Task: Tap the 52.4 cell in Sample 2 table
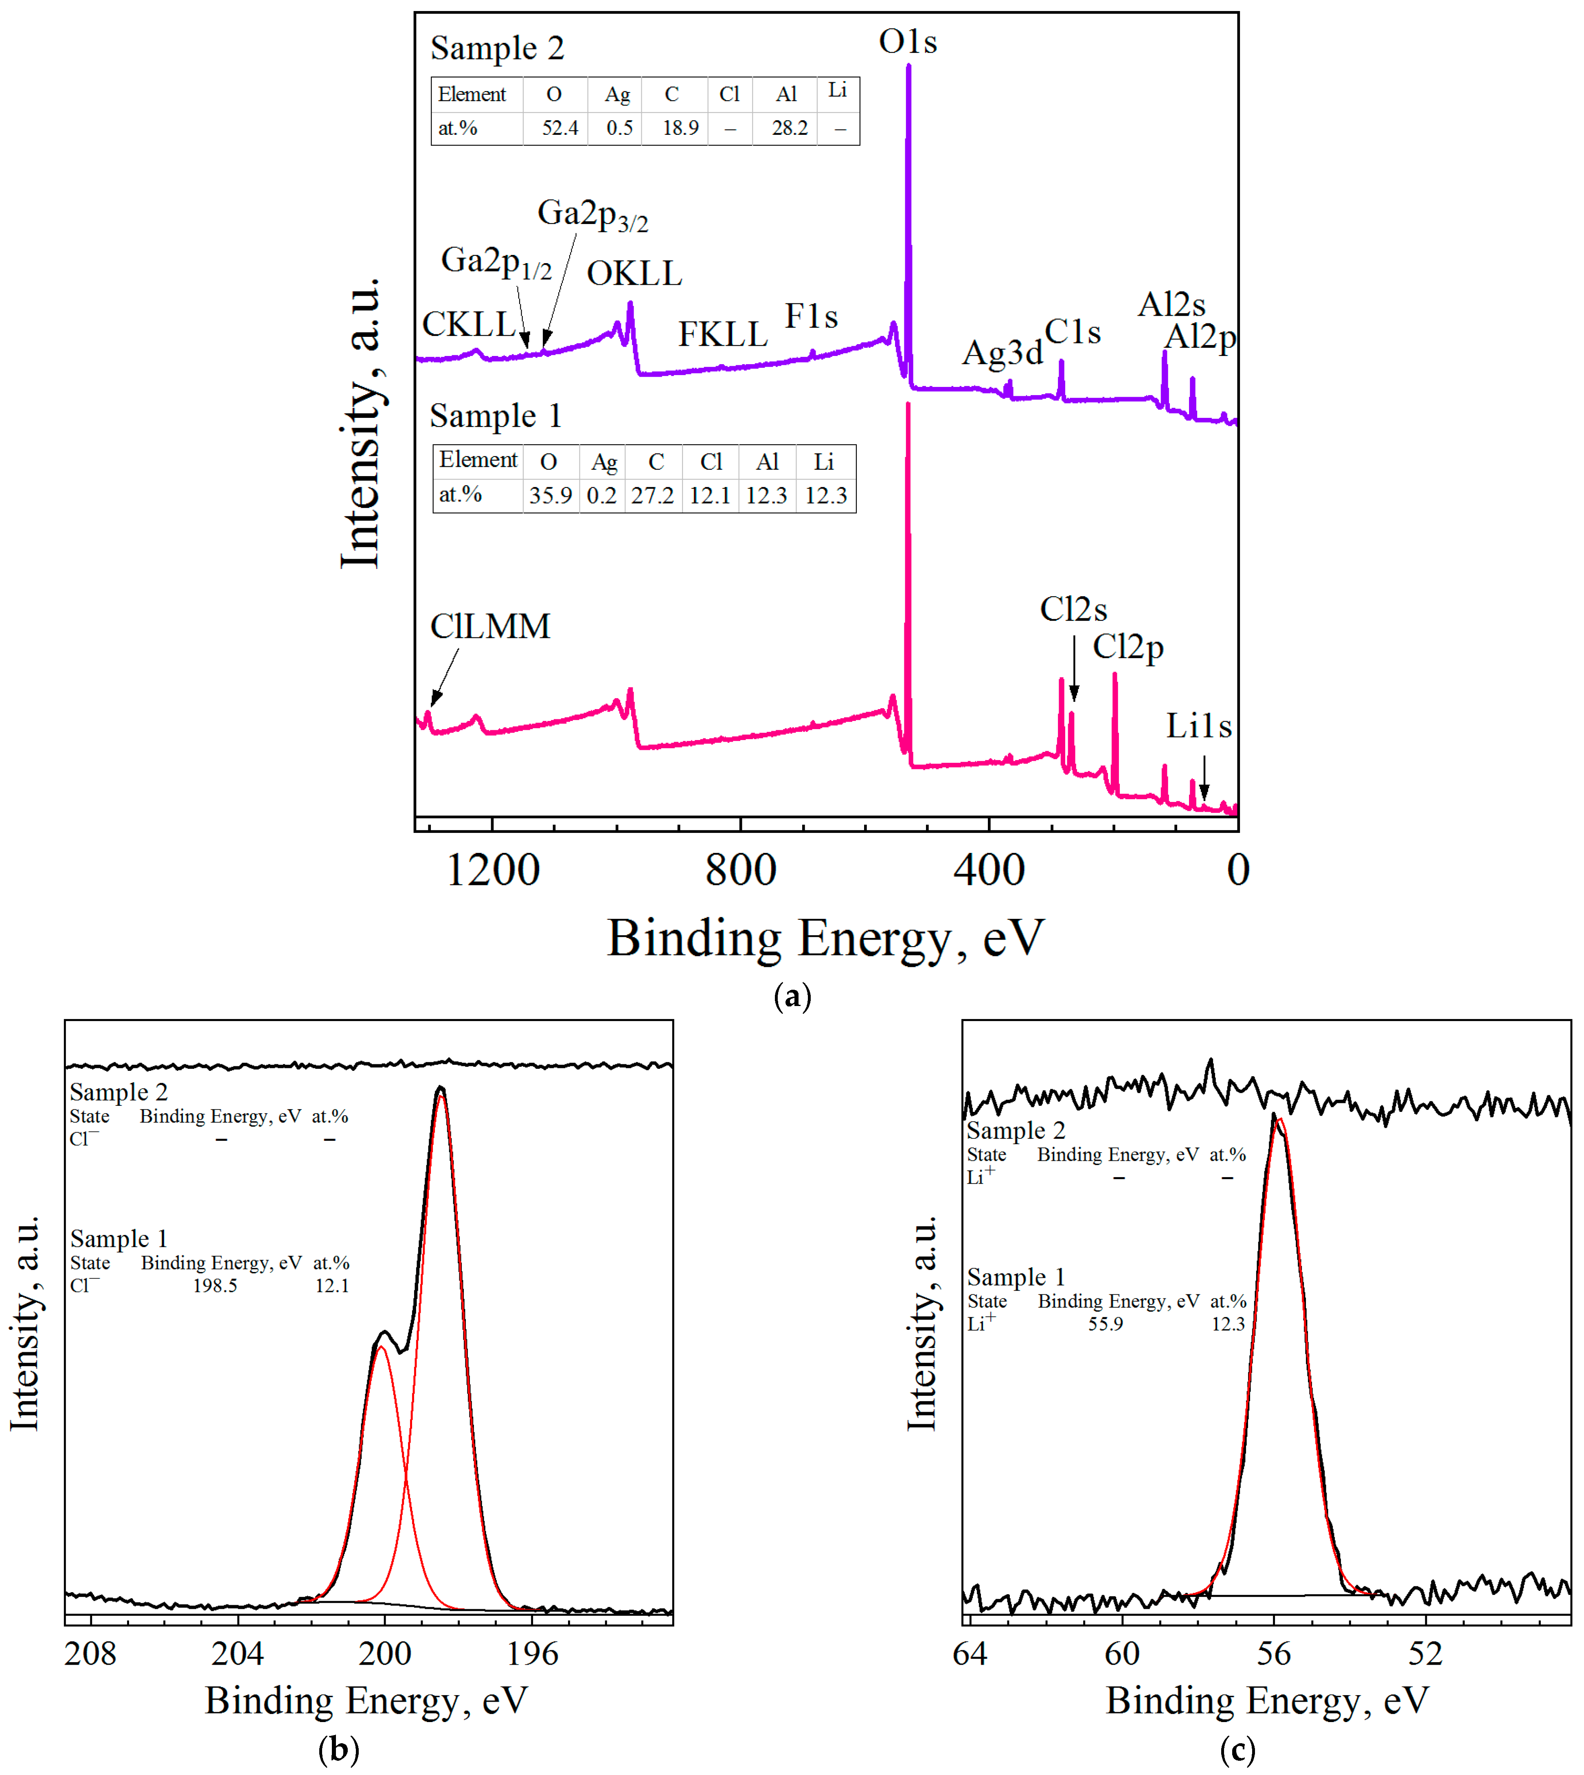click(559, 128)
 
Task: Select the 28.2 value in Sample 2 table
click(790, 128)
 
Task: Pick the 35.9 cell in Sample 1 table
click(550, 495)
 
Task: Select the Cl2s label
click(1073, 609)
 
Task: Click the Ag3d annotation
click(1002, 353)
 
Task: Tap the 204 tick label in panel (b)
click(237, 1652)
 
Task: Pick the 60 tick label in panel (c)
click(1122, 1652)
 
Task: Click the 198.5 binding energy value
click(215, 1286)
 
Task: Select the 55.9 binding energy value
click(1105, 1324)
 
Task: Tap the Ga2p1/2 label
click(496, 261)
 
